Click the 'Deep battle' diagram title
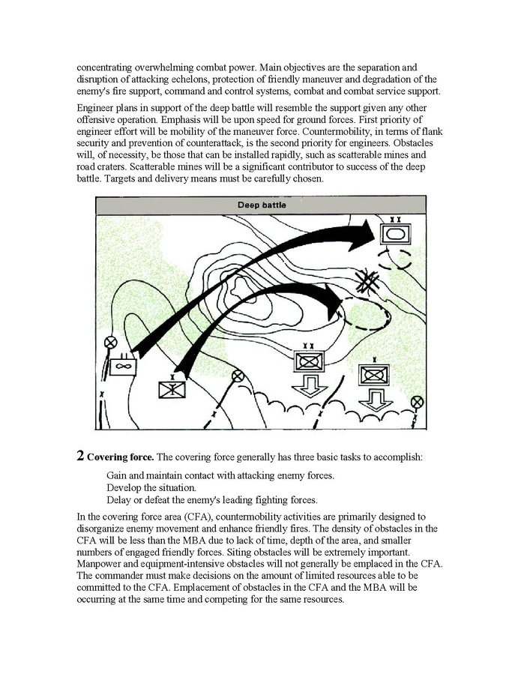(x=261, y=205)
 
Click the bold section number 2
(x=80, y=456)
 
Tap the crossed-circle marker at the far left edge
(x=111, y=342)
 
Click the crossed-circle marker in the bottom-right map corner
(x=418, y=402)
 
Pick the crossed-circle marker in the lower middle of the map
(x=238, y=376)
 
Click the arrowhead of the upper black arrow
(x=366, y=235)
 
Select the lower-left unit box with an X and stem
(x=172, y=390)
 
